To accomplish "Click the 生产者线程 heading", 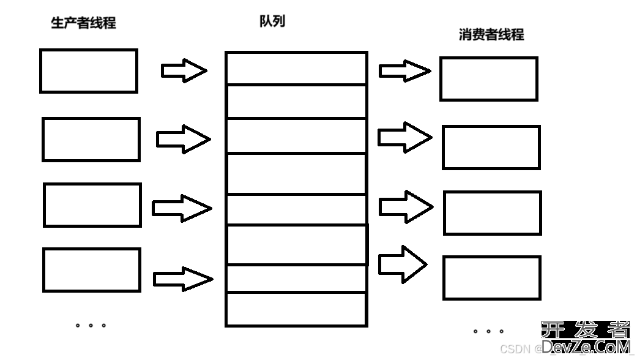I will click(x=83, y=23).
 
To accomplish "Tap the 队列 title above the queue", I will click(x=272, y=21).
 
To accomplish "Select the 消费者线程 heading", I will click(x=491, y=35).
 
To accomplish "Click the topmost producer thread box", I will click(x=89, y=71).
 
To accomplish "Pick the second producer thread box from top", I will click(x=91, y=140).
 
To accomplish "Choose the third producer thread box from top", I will click(x=92, y=205).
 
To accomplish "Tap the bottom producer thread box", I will click(x=92, y=270).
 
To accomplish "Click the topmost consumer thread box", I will click(x=489, y=79).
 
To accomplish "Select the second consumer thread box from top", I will click(x=491, y=148).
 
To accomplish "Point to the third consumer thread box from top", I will click(x=493, y=213).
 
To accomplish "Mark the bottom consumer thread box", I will click(x=492, y=278).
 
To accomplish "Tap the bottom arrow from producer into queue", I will click(x=182, y=279).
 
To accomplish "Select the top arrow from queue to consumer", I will click(x=404, y=70).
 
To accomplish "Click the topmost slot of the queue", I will click(x=296, y=68).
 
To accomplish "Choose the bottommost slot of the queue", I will click(x=296, y=309).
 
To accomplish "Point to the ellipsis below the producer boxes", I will click(x=91, y=325).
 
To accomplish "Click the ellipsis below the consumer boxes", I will click(x=488, y=331).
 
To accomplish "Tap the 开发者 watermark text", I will click(x=585, y=331).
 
